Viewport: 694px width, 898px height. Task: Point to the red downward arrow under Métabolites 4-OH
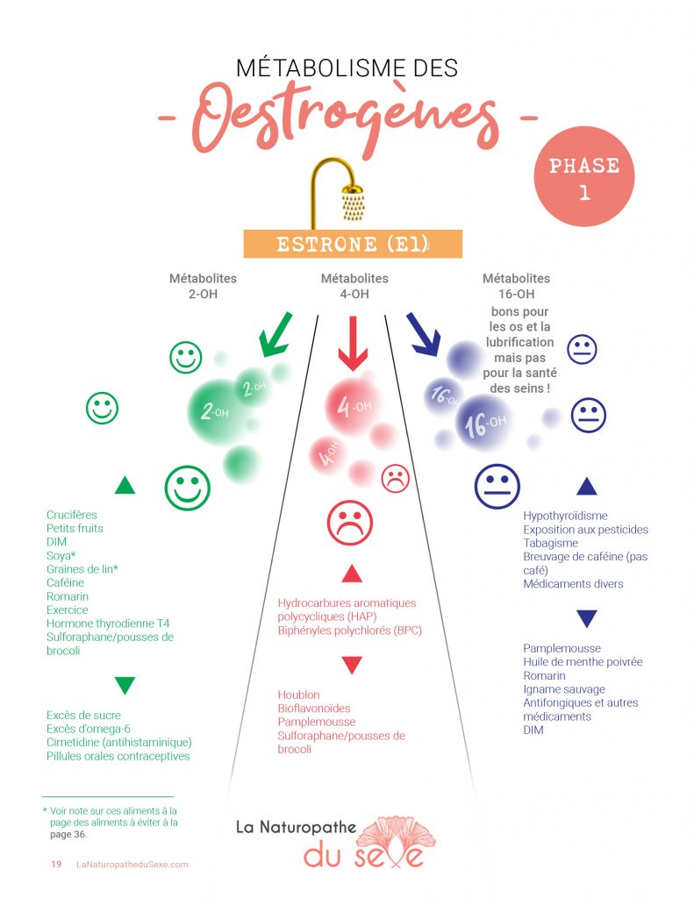[x=352, y=342]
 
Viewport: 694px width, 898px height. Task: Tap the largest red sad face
[x=349, y=523]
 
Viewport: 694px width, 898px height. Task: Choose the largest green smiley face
[x=188, y=488]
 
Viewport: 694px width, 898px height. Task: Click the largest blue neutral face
[x=497, y=486]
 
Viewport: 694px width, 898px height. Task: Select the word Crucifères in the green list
[x=72, y=515]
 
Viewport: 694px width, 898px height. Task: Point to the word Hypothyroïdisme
[x=565, y=517]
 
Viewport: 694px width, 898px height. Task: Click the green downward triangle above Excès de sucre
[x=125, y=685]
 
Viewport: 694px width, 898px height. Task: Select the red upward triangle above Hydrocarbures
[x=352, y=574]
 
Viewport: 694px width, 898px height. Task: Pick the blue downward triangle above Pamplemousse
[x=587, y=618]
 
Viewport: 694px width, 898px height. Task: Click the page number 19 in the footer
[x=56, y=865]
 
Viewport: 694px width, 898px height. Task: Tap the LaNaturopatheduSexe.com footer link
[x=132, y=865]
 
